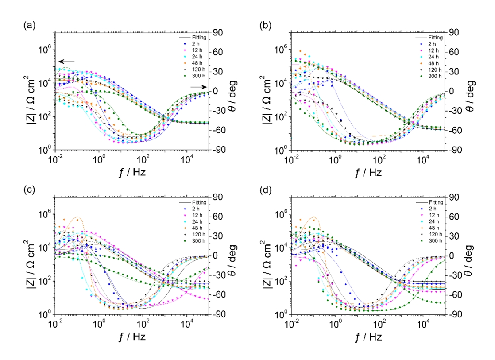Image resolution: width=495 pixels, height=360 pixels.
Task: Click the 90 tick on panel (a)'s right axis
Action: (x=218, y=32)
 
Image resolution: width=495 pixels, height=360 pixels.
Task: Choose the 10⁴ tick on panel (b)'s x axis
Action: (x=423, y=159)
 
